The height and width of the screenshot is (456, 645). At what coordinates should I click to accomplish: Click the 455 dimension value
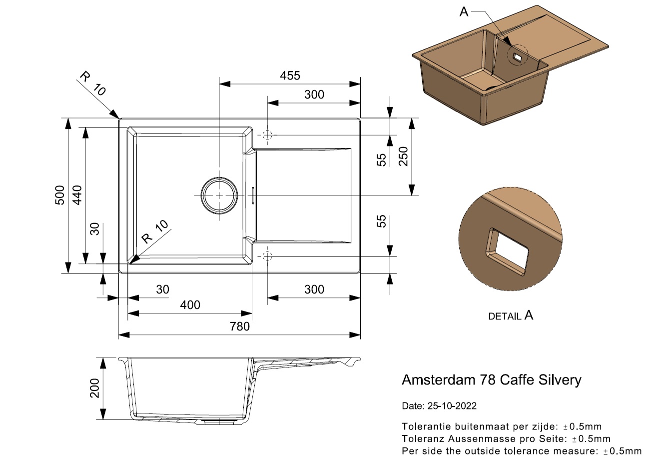coord(290,75)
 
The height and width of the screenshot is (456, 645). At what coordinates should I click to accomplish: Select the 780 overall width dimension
coord(240,326)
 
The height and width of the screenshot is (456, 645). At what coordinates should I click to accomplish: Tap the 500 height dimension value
coord(59,195)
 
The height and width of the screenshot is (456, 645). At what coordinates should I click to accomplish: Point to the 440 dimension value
coord(76,195)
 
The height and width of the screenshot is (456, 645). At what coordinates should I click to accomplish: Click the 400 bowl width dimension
coord(190,305)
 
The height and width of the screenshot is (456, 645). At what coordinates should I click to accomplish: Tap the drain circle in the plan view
coord(219,195)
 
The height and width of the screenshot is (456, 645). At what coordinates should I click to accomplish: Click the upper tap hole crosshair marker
coord(267,135)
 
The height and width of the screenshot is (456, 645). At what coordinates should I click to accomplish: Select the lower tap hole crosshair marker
coord(267,256)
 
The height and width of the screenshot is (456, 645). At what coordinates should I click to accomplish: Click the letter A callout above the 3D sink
coord(464,12)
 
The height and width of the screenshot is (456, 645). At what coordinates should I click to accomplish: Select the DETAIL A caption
coord(510,315)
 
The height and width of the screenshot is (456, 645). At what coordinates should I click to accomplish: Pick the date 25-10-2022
coord(452,406)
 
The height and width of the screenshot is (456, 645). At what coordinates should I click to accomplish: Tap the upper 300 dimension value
coord(314,94)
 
